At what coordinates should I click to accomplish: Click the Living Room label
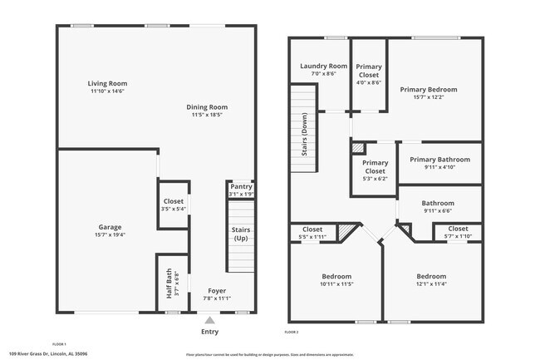click(x=108, y=83)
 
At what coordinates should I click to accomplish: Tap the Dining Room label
click(x=207, y=106)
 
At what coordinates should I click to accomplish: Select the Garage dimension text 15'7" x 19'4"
click(x=110, y=235)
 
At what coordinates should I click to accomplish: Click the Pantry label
click(x=241, y=187)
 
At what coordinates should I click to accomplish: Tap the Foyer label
click(x=217, y=291)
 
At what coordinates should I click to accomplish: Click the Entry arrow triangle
click(x=210, y=318)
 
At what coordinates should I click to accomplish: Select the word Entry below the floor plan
click(x=210, y=331)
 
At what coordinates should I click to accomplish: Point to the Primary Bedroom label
click(x=428, y=89)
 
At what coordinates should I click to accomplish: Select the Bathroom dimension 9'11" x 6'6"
click(x=438, y=211)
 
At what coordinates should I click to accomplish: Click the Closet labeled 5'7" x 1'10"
click(x=458, y=232)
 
